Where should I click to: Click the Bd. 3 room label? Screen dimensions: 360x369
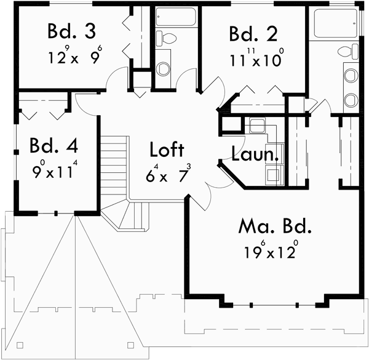click(x=69, y=31)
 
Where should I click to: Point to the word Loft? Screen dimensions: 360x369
click(x=167, y=150)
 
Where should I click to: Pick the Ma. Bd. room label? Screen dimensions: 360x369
click(x=275, y=226)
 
